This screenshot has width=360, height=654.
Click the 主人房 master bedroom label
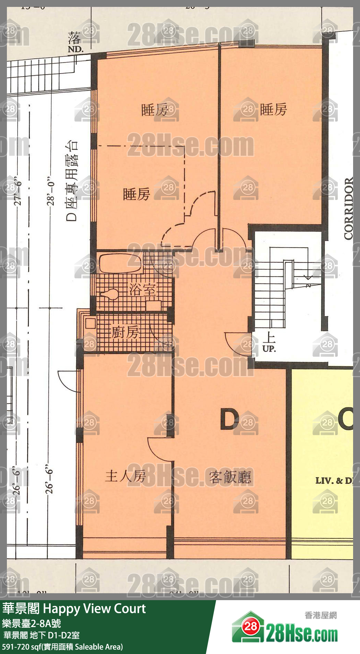coord(125,476)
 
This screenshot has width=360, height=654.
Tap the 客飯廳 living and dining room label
coord(230,477)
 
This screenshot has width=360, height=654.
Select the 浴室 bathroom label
coord(142,289)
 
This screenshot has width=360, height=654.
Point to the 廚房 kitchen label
coord(125,332)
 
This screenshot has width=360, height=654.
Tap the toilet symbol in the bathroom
coord(110,295)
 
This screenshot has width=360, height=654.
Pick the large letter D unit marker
coord(229,419)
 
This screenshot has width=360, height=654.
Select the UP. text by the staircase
coord(269,349)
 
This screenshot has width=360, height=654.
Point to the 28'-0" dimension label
coord(51,192)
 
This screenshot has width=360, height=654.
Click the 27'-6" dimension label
coord(18,192)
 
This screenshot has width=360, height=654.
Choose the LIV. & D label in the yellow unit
coord(333,480)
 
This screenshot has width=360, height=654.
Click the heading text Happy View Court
coord(94,608)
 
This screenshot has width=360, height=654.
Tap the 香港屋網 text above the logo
coord(320,615)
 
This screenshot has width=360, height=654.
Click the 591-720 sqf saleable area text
coord(62,646)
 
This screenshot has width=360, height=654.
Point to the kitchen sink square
coord(90,324)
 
